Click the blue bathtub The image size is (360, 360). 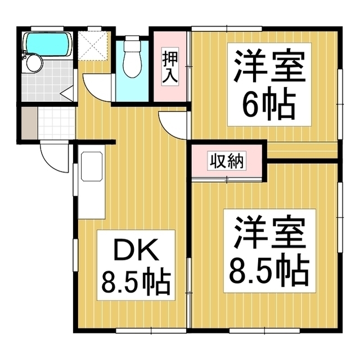(x=48, y=45)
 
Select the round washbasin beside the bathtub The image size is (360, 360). (x=34, y=63)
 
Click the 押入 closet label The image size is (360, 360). (x=170, y=67)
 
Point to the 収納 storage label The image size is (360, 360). (x=227, y=161)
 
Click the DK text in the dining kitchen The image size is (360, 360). (x=136, y=250)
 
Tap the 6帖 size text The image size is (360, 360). (x=269, y=104)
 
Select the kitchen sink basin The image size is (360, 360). (x=92, y=166)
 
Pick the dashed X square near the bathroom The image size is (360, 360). (x=93, y=46)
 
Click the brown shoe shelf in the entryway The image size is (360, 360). (x=29, y=123)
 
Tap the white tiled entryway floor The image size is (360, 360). (x=56, y=123)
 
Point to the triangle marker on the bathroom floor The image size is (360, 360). (x=67, y=93)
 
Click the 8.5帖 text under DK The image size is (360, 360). (x=136, y=283)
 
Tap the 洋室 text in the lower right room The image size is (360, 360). (x=269, y=232)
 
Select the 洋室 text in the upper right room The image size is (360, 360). (x=269, y=65)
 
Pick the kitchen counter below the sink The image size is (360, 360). (x=91, y=200)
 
